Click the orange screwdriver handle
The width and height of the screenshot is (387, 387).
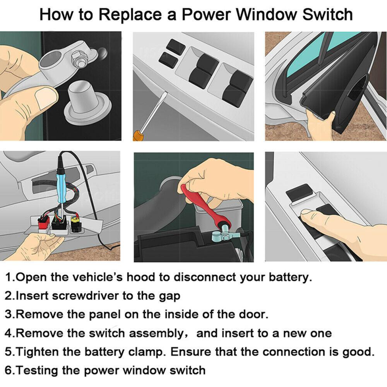(x=137, y=135)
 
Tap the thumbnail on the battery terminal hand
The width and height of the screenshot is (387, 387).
(x=46, y=95)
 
